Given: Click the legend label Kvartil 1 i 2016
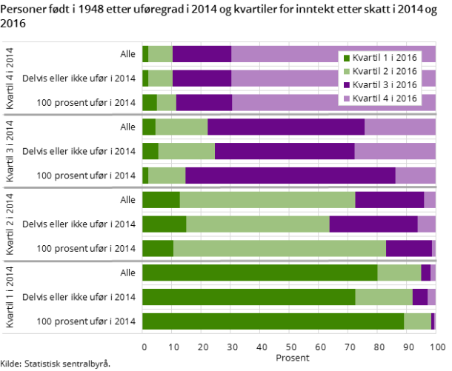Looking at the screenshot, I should (385, 58).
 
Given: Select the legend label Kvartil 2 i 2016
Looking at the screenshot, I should (385, 71).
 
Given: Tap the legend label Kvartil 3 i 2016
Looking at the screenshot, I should (385, 84).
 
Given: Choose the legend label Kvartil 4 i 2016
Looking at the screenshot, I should (385, 98).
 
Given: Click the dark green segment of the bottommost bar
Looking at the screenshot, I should (273, 321).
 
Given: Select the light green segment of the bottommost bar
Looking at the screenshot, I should (417, 321).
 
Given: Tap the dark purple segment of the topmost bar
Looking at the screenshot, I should (202, 54).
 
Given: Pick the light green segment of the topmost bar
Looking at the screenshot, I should (160, 54).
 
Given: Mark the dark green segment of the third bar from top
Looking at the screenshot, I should (149, 102).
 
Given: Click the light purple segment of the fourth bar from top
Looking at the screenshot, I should (399, 127).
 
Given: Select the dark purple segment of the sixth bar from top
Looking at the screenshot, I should (290, 176).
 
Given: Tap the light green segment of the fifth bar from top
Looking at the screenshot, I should (186, 151).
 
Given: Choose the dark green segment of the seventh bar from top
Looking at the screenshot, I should (161, 200).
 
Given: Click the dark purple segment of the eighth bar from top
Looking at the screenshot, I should (373, 224).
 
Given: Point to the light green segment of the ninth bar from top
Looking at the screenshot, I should (279, 248).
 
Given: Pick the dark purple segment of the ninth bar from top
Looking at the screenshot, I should (408, 248).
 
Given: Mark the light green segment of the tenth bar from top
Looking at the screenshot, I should (399, 273).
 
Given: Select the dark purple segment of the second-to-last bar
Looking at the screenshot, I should (419, 297).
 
